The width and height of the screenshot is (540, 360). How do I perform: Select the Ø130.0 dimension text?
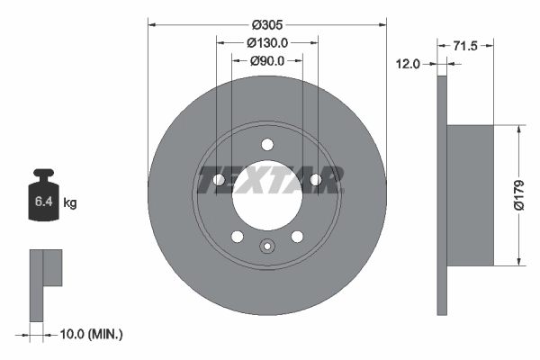[x=267, y=42]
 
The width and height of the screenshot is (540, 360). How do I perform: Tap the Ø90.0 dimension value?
[x=266, y=61]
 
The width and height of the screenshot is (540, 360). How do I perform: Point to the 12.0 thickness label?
[x=409, y=63]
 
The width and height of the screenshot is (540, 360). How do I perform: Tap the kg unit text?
[x=70, y=203]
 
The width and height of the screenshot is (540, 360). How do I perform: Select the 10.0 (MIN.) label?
[x=89, y=334]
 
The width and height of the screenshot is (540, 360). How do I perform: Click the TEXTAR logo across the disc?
[x=267, y=180]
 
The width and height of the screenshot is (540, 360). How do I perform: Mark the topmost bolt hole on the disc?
[x=267, y=145]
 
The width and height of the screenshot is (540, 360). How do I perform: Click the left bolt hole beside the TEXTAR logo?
[x=219, y=181]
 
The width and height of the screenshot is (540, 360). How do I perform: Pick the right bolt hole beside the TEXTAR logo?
[x=316, y=181]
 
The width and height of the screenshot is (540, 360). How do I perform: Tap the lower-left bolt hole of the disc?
[x=238, y=237]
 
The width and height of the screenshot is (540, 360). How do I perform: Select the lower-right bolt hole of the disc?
[x=297, y=237]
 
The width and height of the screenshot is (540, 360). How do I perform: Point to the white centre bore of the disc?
[x=267, y=198]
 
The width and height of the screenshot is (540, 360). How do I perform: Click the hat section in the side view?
[x=470, y=195]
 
